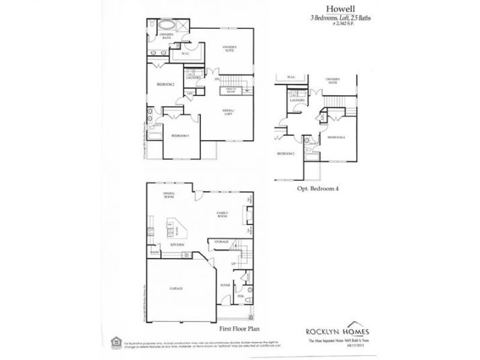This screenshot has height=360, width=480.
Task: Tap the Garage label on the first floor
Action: (x=177, y=289)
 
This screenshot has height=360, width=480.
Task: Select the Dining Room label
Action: (x=169, y=195)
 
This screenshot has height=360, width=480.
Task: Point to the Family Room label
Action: (x=222, y=216)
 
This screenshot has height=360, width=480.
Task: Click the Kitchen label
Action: (x=177, y=245)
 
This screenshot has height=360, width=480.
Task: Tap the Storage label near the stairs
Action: (x=221, y=241)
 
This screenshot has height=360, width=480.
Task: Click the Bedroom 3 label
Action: (x=179, y=136)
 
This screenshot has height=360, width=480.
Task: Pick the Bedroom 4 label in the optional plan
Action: (x=335, y=137)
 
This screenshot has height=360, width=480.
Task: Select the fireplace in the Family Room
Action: (x=249, y=216)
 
